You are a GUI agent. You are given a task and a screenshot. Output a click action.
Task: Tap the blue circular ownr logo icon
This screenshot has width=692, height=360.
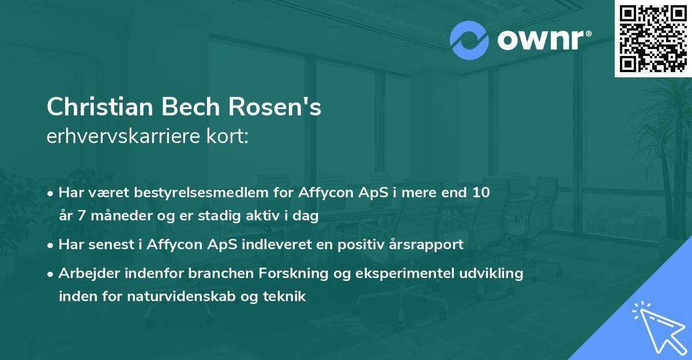coord(469,40)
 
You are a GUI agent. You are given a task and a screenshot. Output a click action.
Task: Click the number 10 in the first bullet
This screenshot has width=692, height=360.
coord(481,193)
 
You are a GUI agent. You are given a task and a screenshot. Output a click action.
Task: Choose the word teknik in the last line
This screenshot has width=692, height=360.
coord(284,297)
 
